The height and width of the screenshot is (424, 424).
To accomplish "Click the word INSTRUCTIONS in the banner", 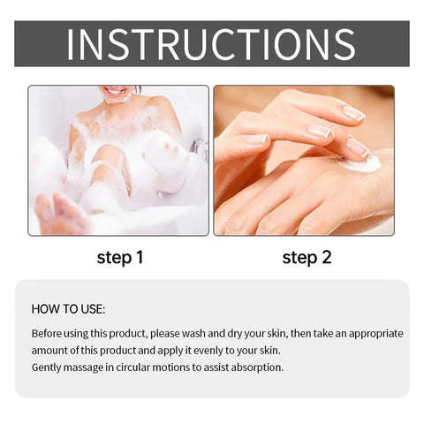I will (211, 44).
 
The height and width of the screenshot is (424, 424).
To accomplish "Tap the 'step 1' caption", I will (119, 258).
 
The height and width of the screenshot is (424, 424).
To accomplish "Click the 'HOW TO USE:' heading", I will (68, 309).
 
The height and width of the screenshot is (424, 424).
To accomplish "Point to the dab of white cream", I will (360, 164).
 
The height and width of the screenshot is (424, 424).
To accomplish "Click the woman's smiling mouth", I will (115, 91).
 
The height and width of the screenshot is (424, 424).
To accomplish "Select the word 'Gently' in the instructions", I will (49, 367).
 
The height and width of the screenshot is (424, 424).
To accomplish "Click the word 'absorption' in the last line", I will (256, 367).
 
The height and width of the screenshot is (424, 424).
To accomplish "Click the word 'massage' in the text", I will (93, 367).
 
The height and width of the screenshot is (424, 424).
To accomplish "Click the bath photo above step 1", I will (118, 160).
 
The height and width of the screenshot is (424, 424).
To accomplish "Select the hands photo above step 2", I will (304, 160).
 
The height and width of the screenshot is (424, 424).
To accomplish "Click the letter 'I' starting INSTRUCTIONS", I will (71, 44).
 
